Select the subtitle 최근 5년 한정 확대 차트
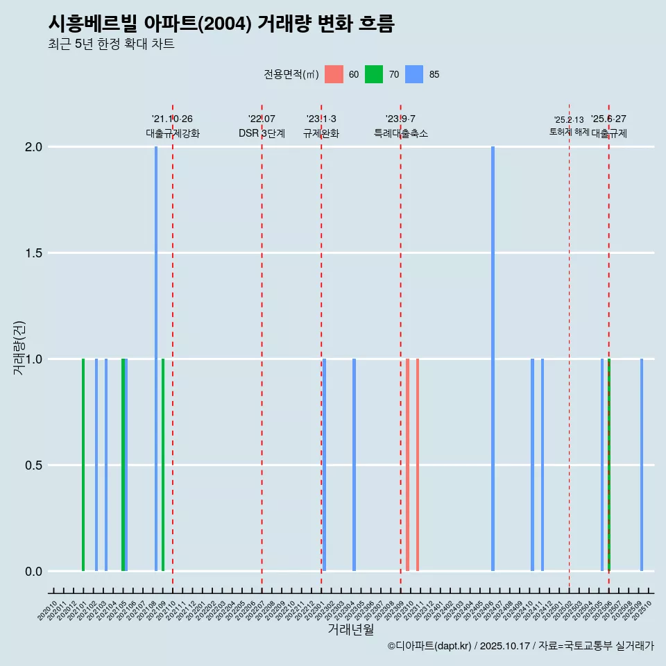[x=111, y=44]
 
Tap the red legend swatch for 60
[x=334, y=74]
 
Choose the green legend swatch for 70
[x=374, y=74]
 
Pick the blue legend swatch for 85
[x=414, y=74]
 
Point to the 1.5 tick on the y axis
[x=34, y=253]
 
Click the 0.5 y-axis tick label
[x=34, y=466]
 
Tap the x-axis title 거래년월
[x=350, y=630]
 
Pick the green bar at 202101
[x=83, y=465]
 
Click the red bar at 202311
[x=418, y=465]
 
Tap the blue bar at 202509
[x=642, y=465]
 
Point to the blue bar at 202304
[x=354, y=465]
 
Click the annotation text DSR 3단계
[x=262, y=133]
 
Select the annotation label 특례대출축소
[x=400, y=133]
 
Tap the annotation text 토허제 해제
[x=569, y=132]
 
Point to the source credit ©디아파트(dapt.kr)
[x=430, y=646]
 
